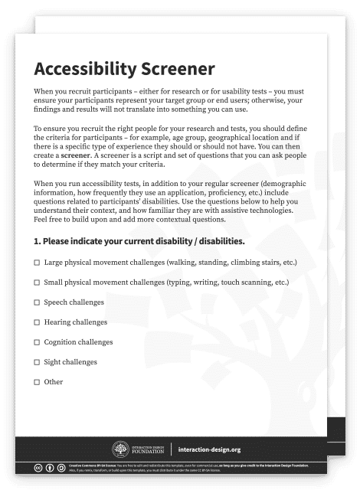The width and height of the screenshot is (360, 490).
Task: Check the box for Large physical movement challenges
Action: [x=37, y=263]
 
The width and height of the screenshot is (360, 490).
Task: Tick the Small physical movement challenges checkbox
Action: [x=37, y=283]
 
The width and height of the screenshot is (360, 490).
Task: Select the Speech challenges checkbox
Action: [x=37, y=302]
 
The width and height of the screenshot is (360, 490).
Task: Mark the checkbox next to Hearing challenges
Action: [x=37, y=322]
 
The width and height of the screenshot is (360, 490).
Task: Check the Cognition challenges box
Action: [x=37, y=342]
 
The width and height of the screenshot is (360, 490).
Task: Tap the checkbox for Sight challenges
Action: [x=37, y=361]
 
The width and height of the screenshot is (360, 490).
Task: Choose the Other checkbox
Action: [x=37, y=381]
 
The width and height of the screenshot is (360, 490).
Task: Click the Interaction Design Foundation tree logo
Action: [x=120, y=449]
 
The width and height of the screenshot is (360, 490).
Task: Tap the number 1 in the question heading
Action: [x=36, y=241]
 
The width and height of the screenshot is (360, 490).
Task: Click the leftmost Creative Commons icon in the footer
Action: [x=38, y=467]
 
